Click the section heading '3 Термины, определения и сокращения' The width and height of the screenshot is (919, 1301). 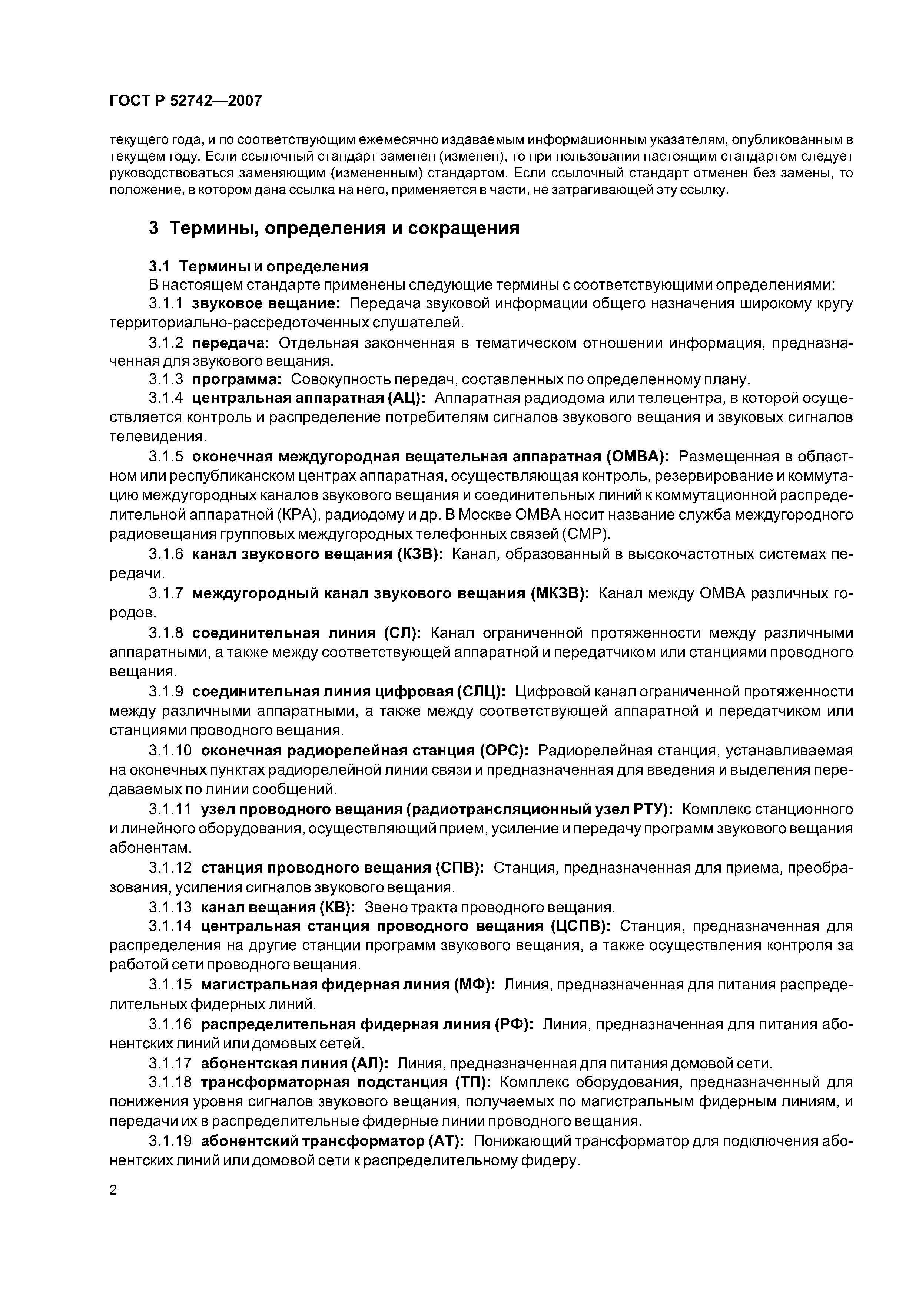click(334, 228)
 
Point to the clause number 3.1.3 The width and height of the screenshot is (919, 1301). click(166, 379)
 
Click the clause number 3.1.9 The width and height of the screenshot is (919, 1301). click(166, 692)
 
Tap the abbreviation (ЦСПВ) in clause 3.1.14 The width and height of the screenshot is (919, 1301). click(580, 926)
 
